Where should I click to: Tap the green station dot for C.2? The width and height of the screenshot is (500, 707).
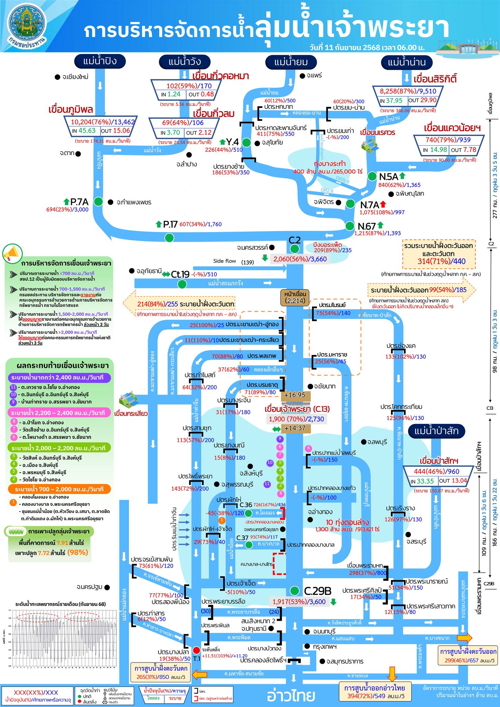tap(295, 249)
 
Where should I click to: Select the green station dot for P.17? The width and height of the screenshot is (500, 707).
tap(169, 238)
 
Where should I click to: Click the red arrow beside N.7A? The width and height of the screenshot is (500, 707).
tap(383, 204)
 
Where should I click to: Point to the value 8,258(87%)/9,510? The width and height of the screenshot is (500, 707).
tap(408, 91)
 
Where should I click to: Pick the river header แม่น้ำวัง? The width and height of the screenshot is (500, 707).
tap(185, 62)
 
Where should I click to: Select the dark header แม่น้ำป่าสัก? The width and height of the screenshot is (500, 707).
tap(436, 431)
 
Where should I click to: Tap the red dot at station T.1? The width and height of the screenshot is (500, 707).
tap(196, 650)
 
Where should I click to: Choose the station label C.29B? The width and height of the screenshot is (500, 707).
tap(317, 591)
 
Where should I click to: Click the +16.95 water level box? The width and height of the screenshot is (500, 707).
tap(295, 395)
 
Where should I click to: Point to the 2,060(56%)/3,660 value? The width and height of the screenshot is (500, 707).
tap(300, 259)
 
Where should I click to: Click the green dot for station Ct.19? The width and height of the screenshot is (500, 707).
tap(182, 284)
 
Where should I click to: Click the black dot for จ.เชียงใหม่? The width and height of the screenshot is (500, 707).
tap(58, 77)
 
